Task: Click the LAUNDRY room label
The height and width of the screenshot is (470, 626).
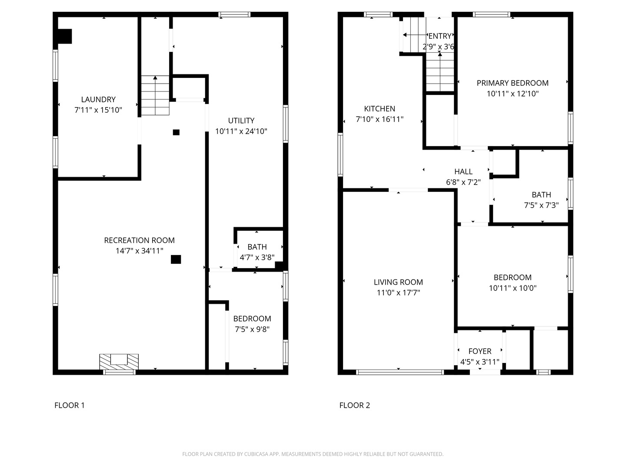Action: (98, 99)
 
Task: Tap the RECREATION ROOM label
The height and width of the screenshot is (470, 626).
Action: (139, 240)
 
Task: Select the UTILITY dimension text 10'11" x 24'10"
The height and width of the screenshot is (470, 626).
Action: (241, 131)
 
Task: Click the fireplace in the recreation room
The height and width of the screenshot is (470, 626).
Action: (119, 362)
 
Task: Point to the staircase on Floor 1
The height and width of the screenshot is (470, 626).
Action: (155, 95)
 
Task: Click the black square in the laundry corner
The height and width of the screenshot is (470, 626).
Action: (65, 36)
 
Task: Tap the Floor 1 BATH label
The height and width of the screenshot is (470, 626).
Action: (257, 247)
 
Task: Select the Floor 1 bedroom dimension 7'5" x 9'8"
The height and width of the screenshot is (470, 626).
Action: (252, 329)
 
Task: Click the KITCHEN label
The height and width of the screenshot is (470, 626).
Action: (380, 109)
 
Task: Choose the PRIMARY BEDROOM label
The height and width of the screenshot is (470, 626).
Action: (513, 83)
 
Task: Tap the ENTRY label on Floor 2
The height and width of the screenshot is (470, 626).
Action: (440, 36)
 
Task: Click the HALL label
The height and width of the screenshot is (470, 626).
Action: (463, 171)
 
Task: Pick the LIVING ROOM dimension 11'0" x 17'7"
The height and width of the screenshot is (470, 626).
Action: (398, 293)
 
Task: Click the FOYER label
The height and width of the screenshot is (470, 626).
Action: (479, 351)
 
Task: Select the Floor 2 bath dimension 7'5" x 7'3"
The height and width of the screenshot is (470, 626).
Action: (541, 205)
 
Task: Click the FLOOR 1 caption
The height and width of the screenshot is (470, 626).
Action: (70, 405)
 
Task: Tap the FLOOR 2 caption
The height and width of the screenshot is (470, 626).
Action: (354, 405)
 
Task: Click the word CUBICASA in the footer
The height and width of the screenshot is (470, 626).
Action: (256, 454)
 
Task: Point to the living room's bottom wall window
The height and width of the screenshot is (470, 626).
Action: (400, 372)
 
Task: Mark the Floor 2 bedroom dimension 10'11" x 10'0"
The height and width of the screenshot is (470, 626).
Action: (513, 288)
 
